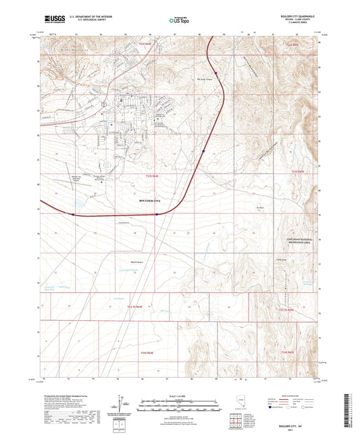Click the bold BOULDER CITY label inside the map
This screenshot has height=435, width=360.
click(151, 201)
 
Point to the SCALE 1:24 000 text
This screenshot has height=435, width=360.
click(179, 394)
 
